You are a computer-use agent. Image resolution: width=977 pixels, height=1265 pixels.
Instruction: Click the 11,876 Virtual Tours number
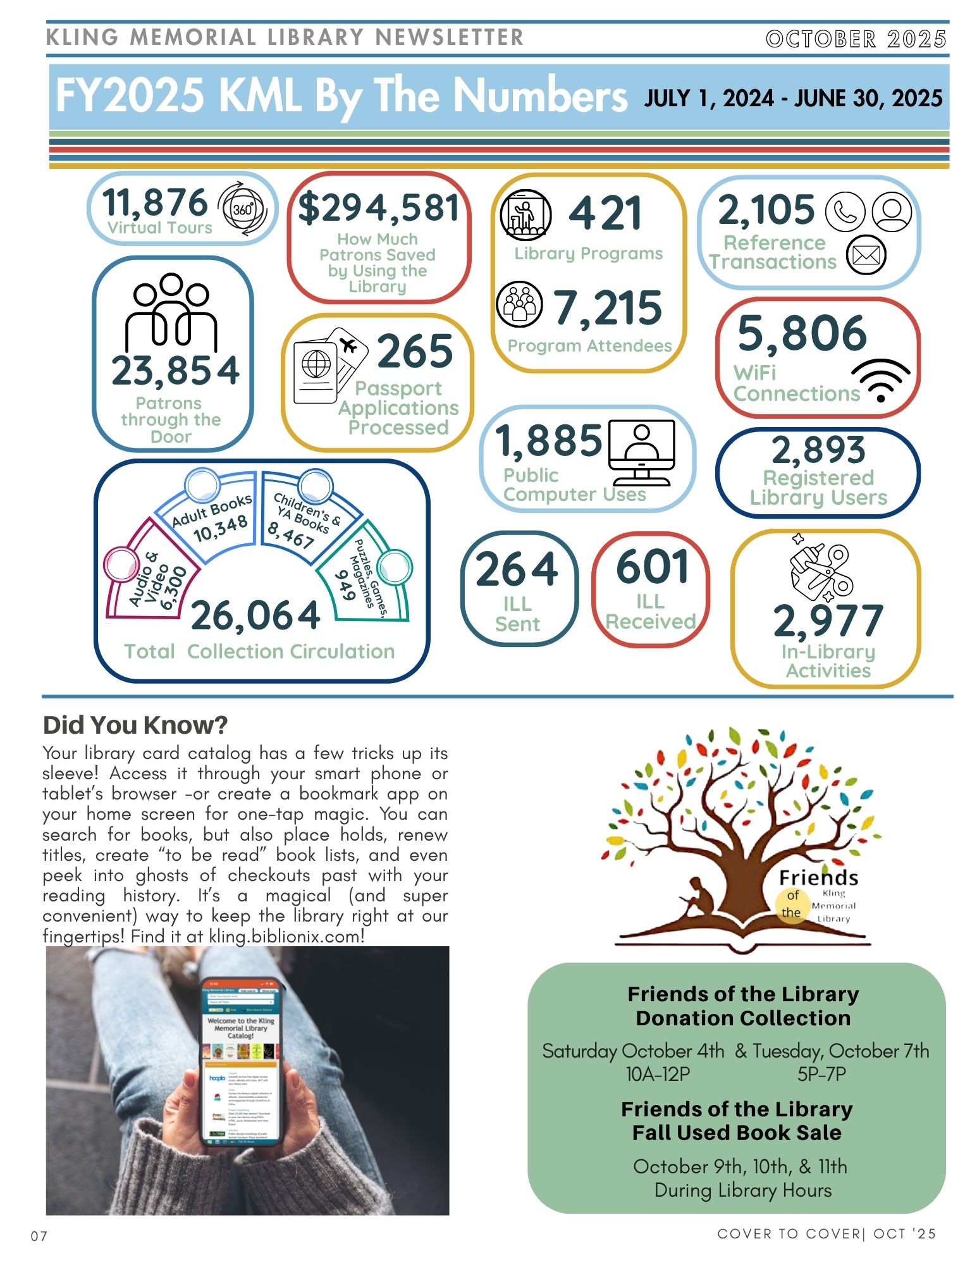[x=155, y=202]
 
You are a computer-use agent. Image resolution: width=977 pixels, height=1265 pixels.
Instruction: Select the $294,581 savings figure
[x=378, y=208]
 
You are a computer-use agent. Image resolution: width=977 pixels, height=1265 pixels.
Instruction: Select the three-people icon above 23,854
[x=171, y=311]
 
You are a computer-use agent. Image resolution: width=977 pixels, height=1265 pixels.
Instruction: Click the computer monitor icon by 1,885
[x=641, y=452]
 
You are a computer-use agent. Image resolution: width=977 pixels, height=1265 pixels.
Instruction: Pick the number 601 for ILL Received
[x=652, y=567]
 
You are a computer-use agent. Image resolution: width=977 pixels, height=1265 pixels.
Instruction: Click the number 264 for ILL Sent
[x=517, y=569]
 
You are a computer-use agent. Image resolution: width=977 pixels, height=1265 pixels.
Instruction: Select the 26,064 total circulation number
[x=255, y=616]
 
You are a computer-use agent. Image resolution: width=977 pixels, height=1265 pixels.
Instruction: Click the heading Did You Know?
[x=135, y=725]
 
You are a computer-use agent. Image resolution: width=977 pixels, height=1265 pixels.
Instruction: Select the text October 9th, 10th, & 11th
[x=739, y=1166]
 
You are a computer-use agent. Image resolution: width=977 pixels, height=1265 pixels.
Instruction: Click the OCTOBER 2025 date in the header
[x=856, y=39]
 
